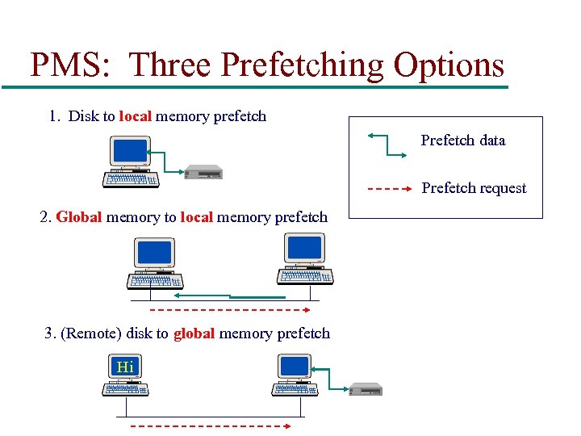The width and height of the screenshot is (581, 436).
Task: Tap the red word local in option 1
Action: [135, 116]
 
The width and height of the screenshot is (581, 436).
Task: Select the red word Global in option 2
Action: [79, 217]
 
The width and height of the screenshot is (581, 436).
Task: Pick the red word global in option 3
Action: [194, 333]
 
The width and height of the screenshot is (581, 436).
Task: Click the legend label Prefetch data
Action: [463, 140]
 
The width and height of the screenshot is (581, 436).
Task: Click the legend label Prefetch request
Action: [474, 188]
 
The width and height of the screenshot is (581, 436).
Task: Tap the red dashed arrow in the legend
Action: [392, 189]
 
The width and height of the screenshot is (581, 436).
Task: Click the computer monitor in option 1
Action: [131, 151]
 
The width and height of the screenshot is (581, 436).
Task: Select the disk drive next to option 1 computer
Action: [203, 171]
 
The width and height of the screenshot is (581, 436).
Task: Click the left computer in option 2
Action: [156, 263]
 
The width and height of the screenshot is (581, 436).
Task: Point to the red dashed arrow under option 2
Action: [231, 309]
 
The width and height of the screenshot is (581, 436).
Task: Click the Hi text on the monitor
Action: [125, 367]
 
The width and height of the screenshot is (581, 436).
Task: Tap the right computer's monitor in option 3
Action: [295, 367]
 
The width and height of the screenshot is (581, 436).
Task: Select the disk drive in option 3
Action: [364, 389]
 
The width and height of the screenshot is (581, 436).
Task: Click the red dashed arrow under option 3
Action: [211, 425]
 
